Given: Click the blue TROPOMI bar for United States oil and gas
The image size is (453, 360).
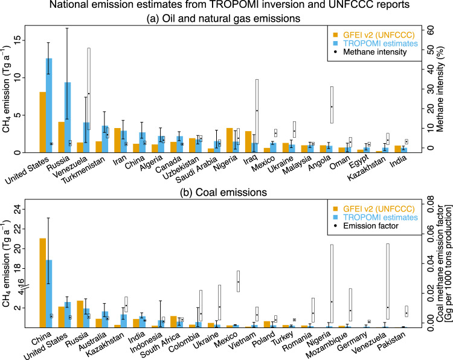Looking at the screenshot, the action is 49,105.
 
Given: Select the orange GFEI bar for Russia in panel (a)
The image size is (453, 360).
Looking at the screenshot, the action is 61,137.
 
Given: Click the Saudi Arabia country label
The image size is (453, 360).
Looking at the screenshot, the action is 196,170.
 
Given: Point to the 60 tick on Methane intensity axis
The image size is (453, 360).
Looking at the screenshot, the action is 430,31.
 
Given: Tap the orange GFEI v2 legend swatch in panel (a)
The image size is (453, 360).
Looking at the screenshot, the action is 335,35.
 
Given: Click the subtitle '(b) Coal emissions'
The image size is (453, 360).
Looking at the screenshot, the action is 223,193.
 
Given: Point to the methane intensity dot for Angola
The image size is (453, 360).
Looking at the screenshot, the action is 332,107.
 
